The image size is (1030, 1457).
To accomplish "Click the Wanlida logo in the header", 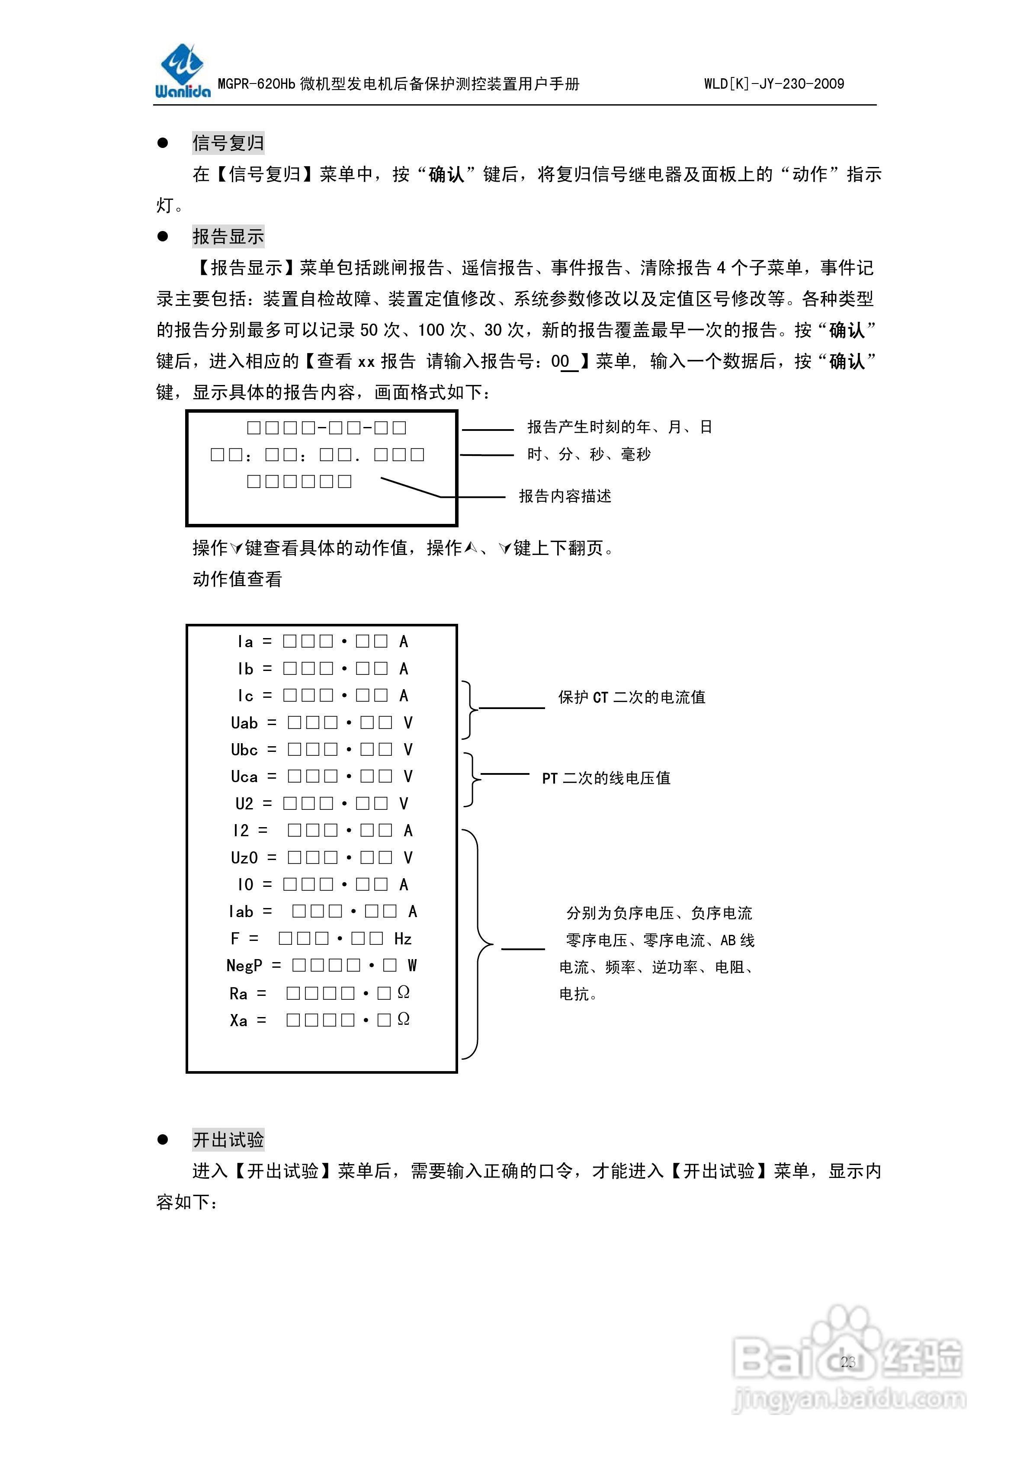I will [x=183, y=71].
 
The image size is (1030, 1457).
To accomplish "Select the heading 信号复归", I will [x=228, y=143].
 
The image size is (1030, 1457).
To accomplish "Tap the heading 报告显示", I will [x=228, y=237].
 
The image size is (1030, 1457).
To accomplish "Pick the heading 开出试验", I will [x=228, y=1140].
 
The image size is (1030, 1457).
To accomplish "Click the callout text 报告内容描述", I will [x=565, y=496].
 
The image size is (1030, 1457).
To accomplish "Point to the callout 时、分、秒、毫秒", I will [x=588, y=454].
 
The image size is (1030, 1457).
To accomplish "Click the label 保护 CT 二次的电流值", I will [x=632, y=697].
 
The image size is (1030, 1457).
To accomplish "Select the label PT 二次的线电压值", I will [x=606, y=778].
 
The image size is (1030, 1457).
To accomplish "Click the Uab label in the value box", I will [x=244, y=723].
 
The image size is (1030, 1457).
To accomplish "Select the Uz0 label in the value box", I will [x=244, y=858].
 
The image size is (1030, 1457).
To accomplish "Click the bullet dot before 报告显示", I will [x=163, y=237].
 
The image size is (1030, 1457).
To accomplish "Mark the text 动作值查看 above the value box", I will [x=237, y=579].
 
